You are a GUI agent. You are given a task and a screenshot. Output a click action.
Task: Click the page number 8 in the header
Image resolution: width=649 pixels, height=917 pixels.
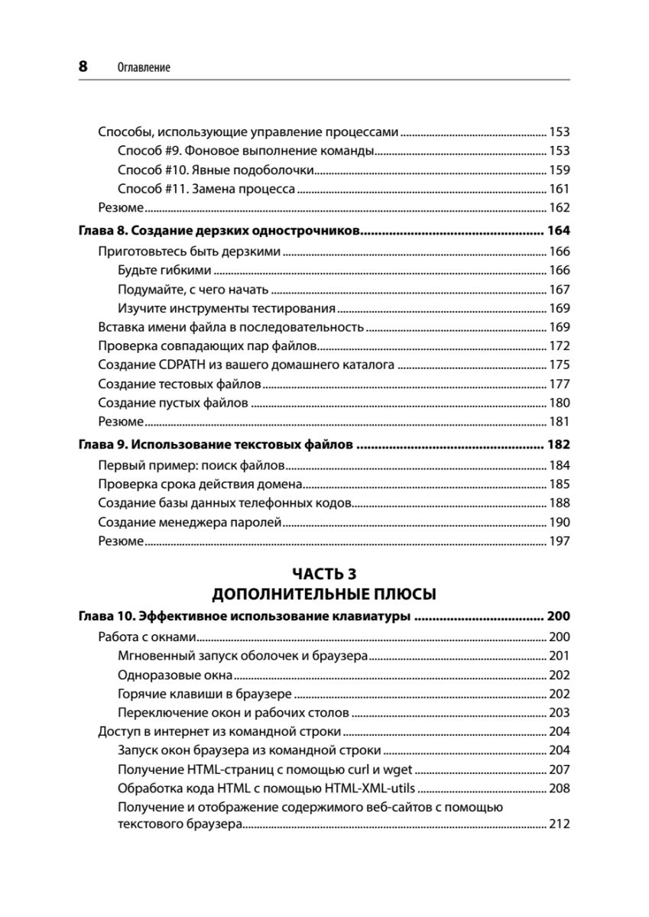[83, 66]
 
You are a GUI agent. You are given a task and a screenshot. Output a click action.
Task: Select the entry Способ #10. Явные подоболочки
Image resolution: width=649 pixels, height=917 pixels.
[216, 170]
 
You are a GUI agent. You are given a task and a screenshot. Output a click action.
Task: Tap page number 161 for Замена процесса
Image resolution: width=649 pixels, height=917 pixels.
[560, 189]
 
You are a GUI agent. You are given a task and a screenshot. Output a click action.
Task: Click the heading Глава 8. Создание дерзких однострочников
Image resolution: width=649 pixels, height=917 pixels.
[219, 231]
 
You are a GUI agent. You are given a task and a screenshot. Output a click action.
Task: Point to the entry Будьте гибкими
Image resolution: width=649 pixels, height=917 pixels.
[165, 270]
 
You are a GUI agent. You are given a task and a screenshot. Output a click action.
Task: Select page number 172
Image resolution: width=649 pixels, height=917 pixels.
[560, 345]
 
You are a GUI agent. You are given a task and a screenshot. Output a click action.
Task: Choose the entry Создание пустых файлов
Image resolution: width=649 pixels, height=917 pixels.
[173, 403]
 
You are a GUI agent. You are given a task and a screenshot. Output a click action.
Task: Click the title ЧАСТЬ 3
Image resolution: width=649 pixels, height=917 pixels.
[324, 573]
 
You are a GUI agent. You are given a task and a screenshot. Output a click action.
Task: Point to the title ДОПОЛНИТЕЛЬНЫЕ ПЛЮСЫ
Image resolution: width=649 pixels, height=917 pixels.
[324, 594]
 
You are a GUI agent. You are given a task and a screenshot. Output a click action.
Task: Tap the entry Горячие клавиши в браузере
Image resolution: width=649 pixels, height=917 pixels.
[205, 694]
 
